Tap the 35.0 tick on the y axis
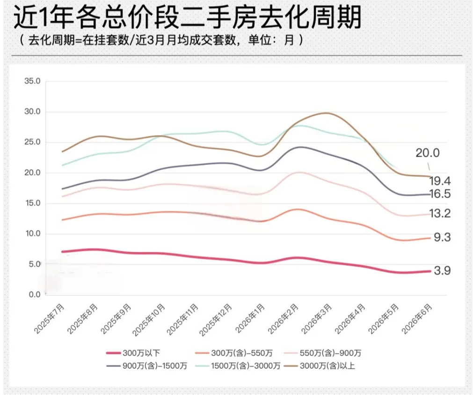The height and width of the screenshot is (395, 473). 32,81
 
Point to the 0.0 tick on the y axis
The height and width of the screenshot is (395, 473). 35,294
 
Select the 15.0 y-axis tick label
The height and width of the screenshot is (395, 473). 32,203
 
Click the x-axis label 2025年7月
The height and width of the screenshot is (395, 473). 50,319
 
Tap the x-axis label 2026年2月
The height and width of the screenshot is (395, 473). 283,319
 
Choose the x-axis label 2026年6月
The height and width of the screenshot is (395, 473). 417,319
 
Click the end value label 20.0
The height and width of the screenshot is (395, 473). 428,153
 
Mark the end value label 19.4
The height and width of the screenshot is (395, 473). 440,181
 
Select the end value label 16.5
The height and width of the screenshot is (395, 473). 440,194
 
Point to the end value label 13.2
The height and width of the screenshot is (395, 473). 440,213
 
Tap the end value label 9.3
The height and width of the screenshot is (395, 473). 442,237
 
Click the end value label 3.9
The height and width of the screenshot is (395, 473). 442,270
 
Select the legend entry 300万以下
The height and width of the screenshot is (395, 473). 133,353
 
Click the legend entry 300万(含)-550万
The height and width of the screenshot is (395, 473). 234,353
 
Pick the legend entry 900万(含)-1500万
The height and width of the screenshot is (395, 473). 147,365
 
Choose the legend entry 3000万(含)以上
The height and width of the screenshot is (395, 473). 319,365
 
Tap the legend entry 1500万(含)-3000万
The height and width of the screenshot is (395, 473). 238,365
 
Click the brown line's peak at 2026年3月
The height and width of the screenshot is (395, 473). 327,113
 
